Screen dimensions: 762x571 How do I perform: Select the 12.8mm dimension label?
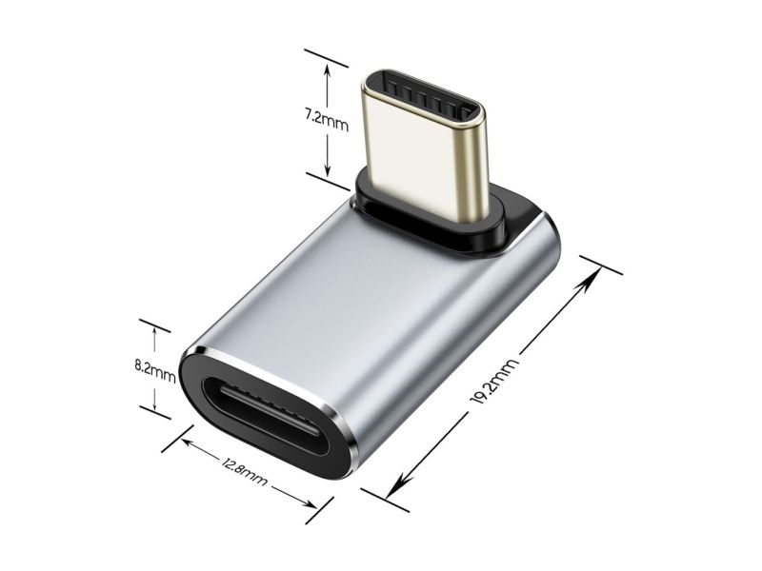[244, 471]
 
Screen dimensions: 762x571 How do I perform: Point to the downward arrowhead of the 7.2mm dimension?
[327, 170]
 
